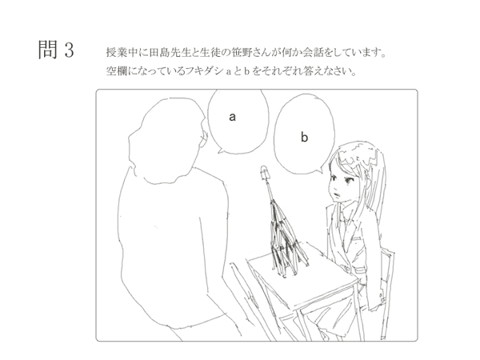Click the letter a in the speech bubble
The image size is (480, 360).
pos(232,117)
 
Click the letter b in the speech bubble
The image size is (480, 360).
pos(304,137)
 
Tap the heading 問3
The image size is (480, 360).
pos(56,50)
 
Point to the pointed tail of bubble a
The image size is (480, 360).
pos(219,151)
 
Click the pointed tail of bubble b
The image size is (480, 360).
pos(321,171)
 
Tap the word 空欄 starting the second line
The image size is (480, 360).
pos(114,71)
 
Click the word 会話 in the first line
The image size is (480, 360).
pos(313,52)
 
